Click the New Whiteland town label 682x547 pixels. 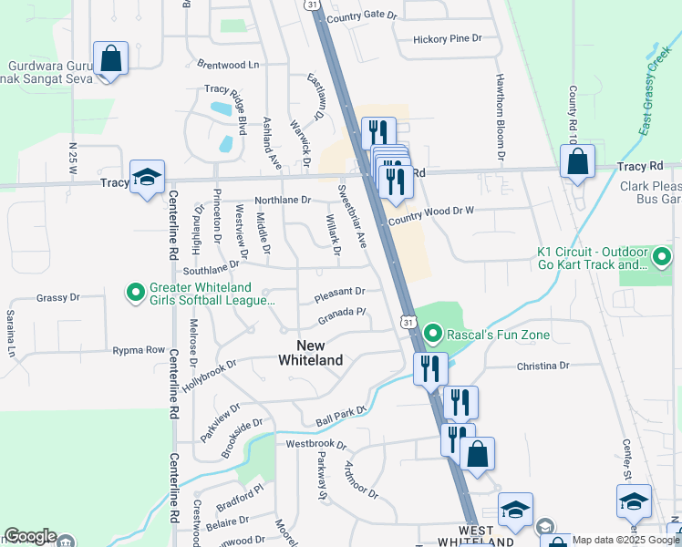[310, 352]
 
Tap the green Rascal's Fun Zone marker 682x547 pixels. [434, 334]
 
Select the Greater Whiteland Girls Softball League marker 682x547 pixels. [136, 293]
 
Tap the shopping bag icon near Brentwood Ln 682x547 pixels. [110, 60]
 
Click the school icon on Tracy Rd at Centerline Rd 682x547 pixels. [147, 178]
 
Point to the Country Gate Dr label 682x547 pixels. [362, 16]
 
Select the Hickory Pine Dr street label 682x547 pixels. [447, 39]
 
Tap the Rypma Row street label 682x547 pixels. [139, 350]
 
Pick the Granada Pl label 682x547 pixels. [342, 315]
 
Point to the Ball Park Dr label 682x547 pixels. [340, 418]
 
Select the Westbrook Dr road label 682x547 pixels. [316, 445]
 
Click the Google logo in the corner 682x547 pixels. [30, 537]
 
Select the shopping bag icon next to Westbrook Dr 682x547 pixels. [477, 454]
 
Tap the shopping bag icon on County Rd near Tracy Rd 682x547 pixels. [577, 162]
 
